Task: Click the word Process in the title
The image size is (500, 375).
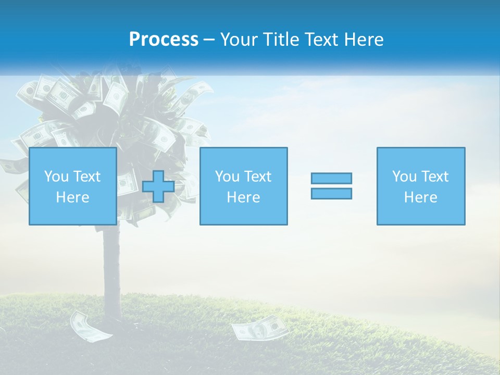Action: click(x=164, y=40)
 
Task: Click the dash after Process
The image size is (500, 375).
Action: click(x=209, y=40)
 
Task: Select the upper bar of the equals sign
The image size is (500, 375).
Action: click(x=331, y=178)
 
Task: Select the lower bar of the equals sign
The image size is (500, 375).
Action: click(x=331, y=194)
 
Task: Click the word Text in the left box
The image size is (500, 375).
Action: click(x=86, y=177)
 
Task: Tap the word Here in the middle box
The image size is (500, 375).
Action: click(x=243, y=197)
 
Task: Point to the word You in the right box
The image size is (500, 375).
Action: click(x=404, y=177)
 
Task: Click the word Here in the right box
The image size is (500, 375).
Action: click(x=420, y=197)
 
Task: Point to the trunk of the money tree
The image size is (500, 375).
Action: click(x=111, y=271)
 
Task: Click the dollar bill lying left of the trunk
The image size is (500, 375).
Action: click(x=91, y=327)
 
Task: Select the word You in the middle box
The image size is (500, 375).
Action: click(x=227, y=177)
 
